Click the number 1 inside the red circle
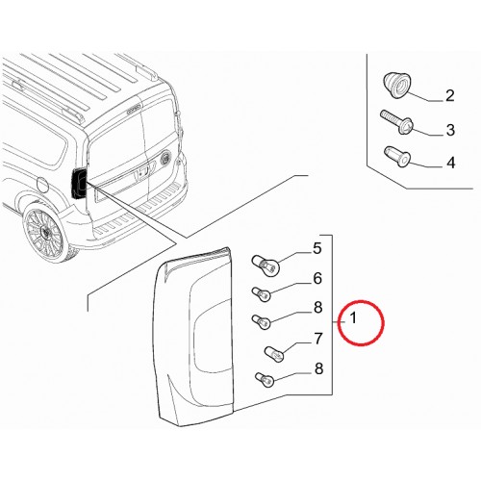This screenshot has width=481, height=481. coord(353,318)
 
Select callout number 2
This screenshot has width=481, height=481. coord(450,95)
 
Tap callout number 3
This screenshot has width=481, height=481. coord(450,130)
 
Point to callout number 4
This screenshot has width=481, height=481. coord(451,163)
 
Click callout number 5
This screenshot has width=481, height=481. coord(316,248)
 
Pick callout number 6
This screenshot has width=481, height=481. coord(317,278)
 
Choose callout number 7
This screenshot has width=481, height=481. coord(317,339)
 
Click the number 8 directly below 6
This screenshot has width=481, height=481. coord(317,307)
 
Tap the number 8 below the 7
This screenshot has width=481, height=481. coord(318,368)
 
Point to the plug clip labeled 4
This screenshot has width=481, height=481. coord(397,156)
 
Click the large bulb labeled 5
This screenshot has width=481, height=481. coord(266,264)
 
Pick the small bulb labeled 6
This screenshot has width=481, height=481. coord(262,293)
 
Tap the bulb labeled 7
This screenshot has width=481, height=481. coord(275,354)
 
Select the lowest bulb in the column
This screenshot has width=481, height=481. coord(265,380)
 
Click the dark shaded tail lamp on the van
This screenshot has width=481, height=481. coord(79,185)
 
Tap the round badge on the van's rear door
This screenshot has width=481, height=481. coord(167,158)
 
